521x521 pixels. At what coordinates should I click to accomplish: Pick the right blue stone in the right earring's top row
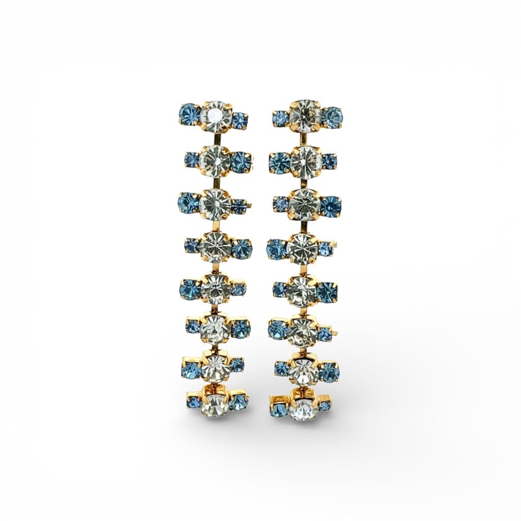pos(332,117)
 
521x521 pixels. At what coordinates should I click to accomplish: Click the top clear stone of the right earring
pos(304,114)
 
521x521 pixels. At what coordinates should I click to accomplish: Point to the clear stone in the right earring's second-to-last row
pos(304,370)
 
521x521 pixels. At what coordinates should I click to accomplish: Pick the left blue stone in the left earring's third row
pos(187,202)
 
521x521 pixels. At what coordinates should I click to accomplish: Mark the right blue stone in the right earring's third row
pos(331,206)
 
